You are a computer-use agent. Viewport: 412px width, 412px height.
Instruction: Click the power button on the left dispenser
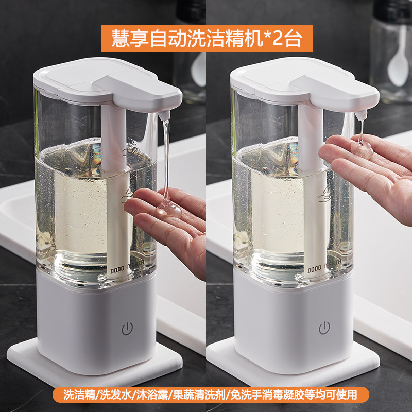127,329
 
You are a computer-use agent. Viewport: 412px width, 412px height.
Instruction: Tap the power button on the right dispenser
324,328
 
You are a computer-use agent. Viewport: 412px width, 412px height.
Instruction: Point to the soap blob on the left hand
168,208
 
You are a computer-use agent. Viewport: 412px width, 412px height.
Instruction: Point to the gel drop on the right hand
362,149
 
